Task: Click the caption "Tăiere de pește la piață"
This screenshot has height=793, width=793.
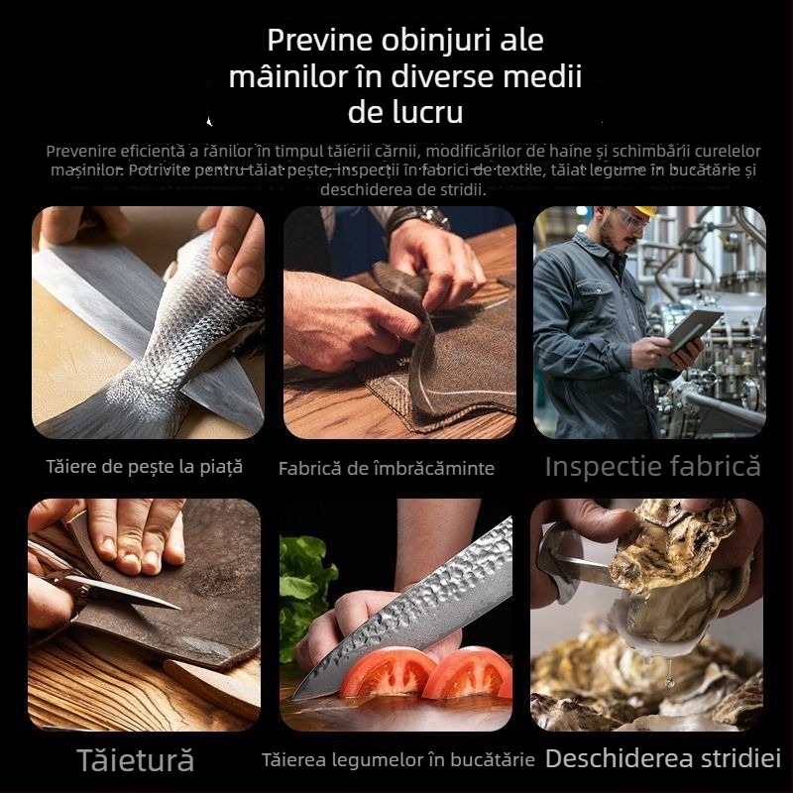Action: pos(145,466)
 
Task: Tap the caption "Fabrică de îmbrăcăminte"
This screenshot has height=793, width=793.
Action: pos(387,468)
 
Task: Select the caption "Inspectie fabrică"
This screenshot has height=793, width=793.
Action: pos(652,466)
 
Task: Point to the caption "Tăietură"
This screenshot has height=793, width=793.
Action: pos(136,760)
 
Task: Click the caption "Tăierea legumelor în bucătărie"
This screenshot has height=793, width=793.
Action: pos(398,760)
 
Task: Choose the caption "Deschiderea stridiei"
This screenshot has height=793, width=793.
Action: pos(663,759)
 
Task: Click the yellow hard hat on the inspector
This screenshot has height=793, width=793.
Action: pos(645,211)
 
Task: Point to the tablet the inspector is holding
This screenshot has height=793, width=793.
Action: pos(695,329)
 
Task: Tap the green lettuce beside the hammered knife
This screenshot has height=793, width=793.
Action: pos(302,585)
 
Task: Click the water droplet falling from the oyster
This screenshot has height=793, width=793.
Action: pos(670,681)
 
